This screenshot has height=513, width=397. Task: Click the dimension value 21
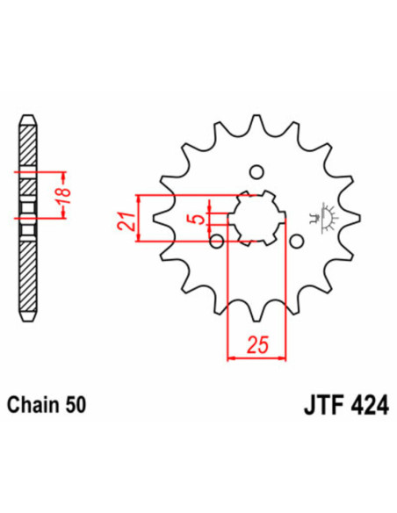[x=125, y=214]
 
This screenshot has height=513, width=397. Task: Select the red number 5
[x=201, y=213]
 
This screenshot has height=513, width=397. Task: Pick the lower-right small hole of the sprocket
[x=296, y=240]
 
